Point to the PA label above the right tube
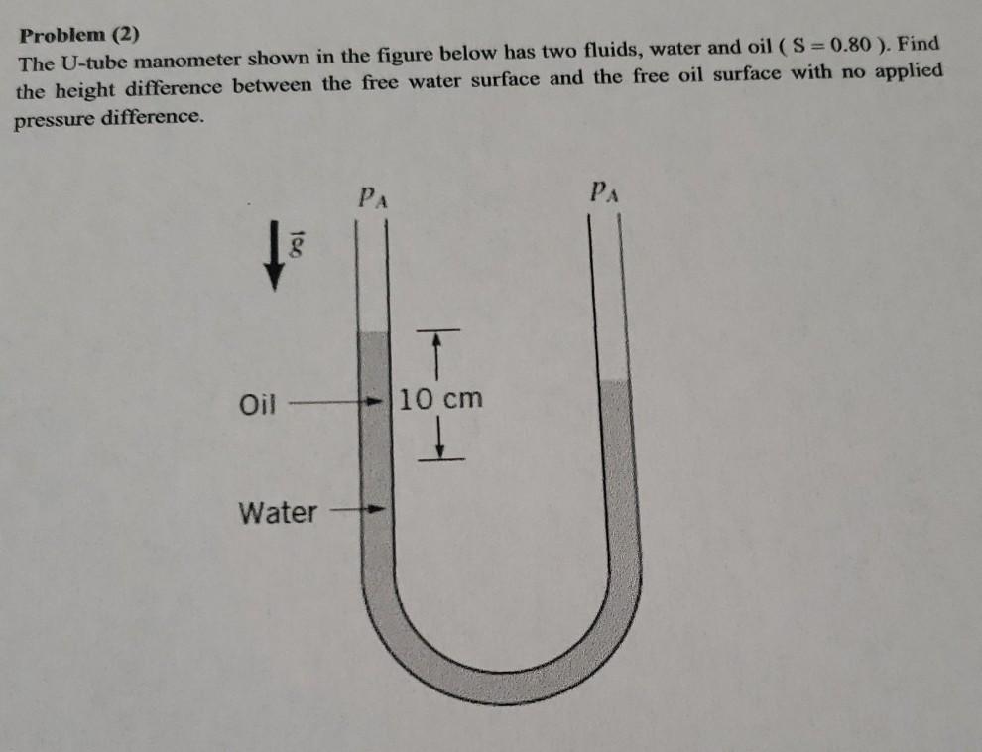(603, 190)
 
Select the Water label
(278, 513)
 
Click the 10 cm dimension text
(441, 400)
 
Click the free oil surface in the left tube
(372, 333)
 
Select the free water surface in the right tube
(615, 380)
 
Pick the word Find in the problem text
(919, 45)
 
